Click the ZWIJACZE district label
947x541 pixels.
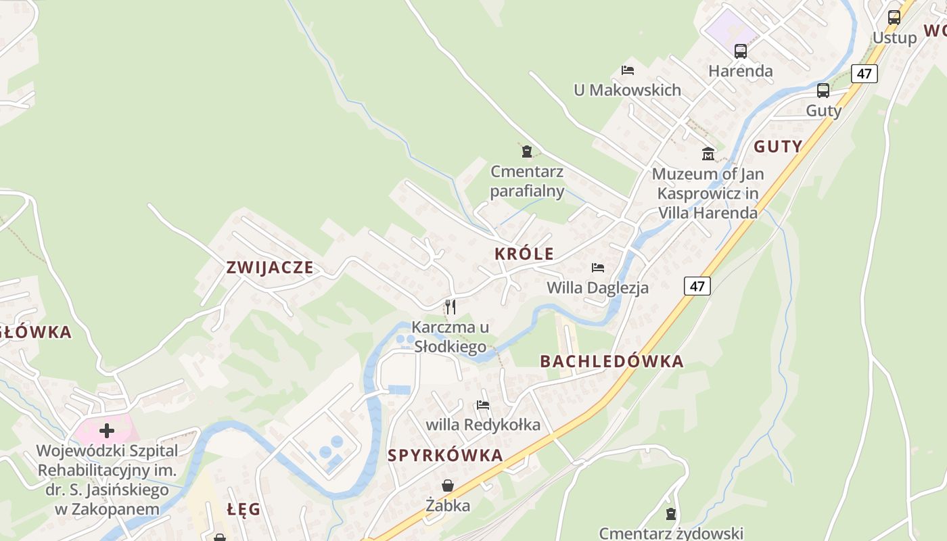point(270,267)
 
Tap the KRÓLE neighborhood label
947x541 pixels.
point(524,254)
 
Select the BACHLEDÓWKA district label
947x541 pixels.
point(611,361)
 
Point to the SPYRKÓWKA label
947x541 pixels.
point(445,455)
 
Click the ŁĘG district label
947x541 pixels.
point(244,509)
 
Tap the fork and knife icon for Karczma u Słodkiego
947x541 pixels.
point(450,307)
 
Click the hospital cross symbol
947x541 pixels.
point(106,430)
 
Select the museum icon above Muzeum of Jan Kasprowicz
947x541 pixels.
point(708,154)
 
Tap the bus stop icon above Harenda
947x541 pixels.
point(740,51)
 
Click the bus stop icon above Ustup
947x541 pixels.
point(894,18)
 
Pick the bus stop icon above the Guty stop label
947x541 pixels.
point(823,91)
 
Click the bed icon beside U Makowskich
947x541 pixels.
point(628,70)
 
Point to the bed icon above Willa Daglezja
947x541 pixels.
point(597,268)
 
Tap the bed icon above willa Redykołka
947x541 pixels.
point(483,405)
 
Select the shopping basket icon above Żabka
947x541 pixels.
point(448,486)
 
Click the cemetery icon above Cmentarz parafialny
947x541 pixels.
point(527,151)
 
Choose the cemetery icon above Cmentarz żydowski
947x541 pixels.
point(671,514)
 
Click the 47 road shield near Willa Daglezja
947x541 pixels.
point(697,286)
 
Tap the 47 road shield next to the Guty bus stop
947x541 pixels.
point(864,73)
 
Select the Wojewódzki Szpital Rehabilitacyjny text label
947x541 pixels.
point(107,479)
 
